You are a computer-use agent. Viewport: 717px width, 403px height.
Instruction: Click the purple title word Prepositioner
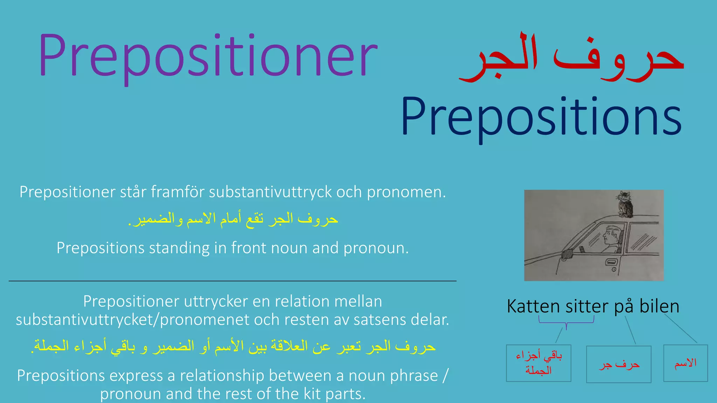[208, 56]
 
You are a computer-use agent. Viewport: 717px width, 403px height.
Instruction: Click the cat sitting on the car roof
[625, 205]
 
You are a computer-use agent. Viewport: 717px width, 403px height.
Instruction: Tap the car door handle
[612, 262]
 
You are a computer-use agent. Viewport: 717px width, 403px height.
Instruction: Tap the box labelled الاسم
[685, 363]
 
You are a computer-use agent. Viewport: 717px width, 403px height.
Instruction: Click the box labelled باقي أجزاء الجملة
[538, 363]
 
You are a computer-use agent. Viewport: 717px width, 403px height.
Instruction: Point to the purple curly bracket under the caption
[566, 321]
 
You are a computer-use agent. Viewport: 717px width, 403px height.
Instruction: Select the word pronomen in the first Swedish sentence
[406, 192]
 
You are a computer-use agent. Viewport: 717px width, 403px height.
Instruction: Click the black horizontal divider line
[232, 281]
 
